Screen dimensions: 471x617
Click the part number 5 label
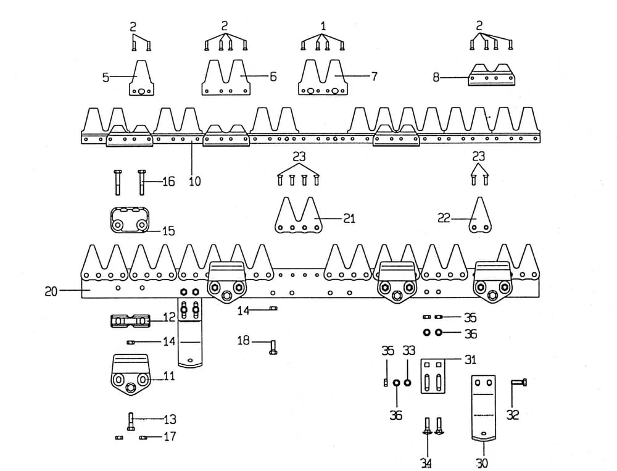click(106, 77)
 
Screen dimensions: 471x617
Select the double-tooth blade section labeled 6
click(226, 78)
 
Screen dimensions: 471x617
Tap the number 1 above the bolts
click(323, 26)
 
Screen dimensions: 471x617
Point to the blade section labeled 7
click(321, 79)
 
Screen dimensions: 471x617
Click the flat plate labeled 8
click(492, 77)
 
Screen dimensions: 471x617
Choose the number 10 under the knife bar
click(195, 181)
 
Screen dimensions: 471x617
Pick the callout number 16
click(168, 181)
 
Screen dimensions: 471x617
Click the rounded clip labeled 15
click(130, 220)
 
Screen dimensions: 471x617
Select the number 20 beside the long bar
click(51, 291)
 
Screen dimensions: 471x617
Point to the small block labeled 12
click(130, 322)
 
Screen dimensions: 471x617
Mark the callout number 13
click(170, 420)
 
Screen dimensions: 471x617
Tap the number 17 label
click(170, 437)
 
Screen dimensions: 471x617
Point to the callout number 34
click(426, 463)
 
